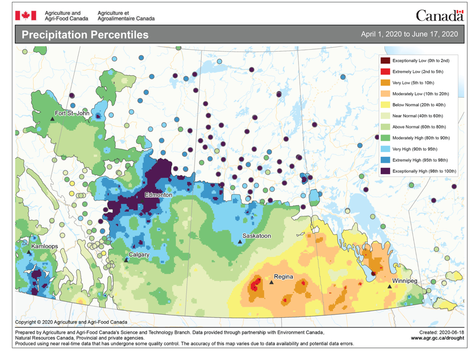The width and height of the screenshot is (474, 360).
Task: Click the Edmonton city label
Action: point(159,195)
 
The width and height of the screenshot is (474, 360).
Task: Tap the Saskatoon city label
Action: point(256,235)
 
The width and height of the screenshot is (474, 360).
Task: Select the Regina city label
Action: point(283,277)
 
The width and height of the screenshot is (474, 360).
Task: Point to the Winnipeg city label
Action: point(405,281)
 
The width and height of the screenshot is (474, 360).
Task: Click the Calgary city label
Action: point(139,255)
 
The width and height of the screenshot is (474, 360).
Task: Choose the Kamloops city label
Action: point(45,247)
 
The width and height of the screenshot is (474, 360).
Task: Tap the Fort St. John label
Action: point(72,113)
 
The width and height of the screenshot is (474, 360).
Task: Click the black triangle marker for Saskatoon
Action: point(240,242)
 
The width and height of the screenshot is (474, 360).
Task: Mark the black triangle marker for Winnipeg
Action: point(390,286)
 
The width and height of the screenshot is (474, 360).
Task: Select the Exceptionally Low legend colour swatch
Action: point(385,61)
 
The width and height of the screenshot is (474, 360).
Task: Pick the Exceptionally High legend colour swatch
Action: point(385,171)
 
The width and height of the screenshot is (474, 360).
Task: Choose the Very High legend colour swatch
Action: point(385,149)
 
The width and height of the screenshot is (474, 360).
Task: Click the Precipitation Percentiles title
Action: point(85,35)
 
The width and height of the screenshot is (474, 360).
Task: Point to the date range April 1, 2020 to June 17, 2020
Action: point(409,34)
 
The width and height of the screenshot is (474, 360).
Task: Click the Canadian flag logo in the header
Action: point(26,16)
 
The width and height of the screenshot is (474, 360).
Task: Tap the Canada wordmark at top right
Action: point(439,16)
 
